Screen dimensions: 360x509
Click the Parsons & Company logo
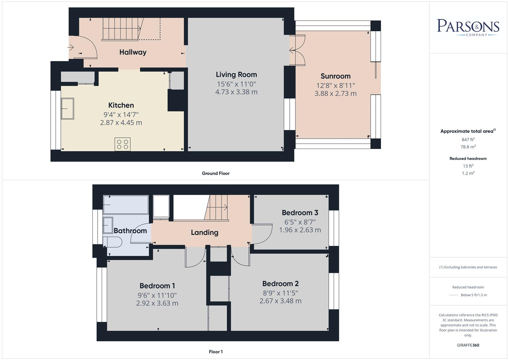click(468, 27)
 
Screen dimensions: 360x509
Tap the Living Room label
click(236, 75)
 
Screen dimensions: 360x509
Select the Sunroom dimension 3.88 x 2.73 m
click(335, 94)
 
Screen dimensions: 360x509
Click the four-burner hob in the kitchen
click(122, 144)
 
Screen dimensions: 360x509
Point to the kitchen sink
click(67, 108)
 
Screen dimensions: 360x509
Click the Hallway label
click(133, 52)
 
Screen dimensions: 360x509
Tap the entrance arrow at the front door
click(71, 47)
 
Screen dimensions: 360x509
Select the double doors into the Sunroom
click(297, 51)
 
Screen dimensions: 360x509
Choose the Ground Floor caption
click(215, 173)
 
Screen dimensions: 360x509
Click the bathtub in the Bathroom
click(125, 204)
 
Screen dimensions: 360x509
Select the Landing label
click(204, 233)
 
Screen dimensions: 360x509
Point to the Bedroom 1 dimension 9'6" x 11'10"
click(157, 295)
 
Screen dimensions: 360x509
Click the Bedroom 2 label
click(280, 284)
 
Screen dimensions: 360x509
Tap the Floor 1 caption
click(216, 352)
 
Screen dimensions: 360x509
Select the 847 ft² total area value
click(468, 140)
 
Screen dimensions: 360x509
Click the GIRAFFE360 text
click(468, 345)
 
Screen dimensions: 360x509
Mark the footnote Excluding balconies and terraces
click(468, 267)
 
